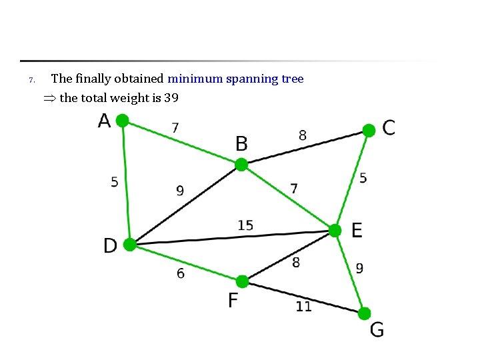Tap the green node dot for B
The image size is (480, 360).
coord(241,165)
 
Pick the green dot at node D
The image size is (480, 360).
coord(130,245)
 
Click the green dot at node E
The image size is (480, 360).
coord(335,231)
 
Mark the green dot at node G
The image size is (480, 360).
coord(364,313)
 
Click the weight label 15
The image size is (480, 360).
coord(245,225)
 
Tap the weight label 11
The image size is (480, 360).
coord(303,307)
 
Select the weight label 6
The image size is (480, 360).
coord(181,273)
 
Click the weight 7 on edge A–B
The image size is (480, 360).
coord(175,127)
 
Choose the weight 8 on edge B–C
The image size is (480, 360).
coord(303,135)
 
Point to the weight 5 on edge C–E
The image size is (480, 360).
coord(363,178)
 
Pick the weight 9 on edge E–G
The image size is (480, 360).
coord(359,269)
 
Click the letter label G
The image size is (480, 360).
coord(377,329)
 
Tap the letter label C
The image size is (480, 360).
coord(389,127)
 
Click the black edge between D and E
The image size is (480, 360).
coord(233,237)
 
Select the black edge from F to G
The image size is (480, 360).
coord(303,297)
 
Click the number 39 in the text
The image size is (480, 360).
coord(171,98)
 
